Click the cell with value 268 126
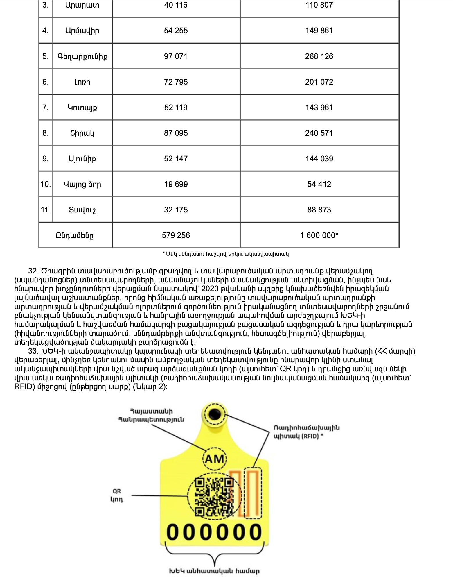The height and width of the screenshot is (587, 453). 319,56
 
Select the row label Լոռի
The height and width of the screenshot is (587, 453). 82,82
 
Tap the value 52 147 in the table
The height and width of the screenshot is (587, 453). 176,159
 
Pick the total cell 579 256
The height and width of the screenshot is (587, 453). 176,235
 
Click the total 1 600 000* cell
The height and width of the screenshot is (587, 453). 319,235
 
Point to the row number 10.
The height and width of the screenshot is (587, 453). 46,184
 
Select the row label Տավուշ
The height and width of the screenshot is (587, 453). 82,210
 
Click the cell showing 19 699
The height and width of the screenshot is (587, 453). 176,184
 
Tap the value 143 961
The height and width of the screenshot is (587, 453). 319,108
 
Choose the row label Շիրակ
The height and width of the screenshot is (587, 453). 82,133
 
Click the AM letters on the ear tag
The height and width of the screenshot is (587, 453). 214,459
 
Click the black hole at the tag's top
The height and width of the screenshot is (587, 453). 215,414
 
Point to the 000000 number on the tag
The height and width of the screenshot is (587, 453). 214,532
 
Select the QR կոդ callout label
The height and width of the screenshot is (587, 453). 117,495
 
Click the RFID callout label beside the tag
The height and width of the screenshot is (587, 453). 306,432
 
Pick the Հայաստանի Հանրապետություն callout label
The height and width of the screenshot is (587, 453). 151,415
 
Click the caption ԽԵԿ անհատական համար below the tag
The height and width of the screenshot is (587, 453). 214,571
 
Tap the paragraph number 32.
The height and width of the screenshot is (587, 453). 33,271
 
